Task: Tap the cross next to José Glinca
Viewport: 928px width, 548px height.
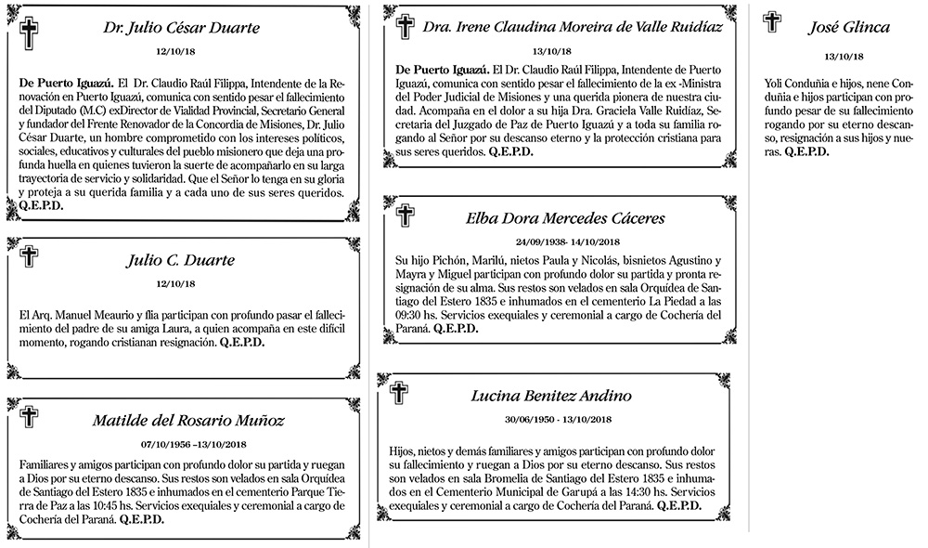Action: (771, 21)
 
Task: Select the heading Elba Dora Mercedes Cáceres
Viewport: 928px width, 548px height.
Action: (565, 219)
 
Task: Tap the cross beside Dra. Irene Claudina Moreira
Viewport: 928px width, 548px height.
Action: (405, 26)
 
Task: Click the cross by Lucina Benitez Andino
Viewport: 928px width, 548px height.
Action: (400, 394)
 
